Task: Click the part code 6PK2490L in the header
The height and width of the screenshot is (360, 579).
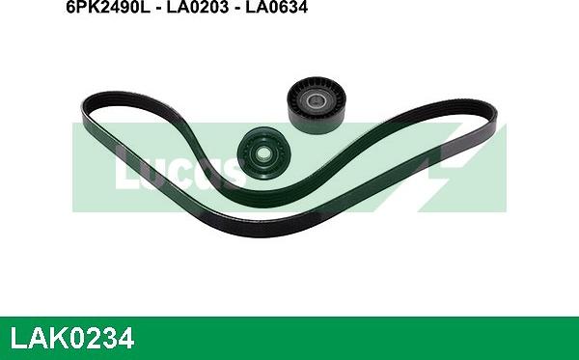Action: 108,7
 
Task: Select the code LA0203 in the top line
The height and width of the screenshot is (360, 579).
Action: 197,7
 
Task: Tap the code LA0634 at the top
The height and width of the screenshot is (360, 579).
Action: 276,7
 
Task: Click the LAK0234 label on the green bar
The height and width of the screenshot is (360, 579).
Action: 71,338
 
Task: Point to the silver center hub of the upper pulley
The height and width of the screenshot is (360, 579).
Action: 315,99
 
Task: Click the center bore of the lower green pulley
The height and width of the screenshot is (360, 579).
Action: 262,152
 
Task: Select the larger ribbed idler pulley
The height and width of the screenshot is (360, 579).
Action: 317,104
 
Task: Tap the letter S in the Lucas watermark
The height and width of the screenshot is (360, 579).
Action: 230,173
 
